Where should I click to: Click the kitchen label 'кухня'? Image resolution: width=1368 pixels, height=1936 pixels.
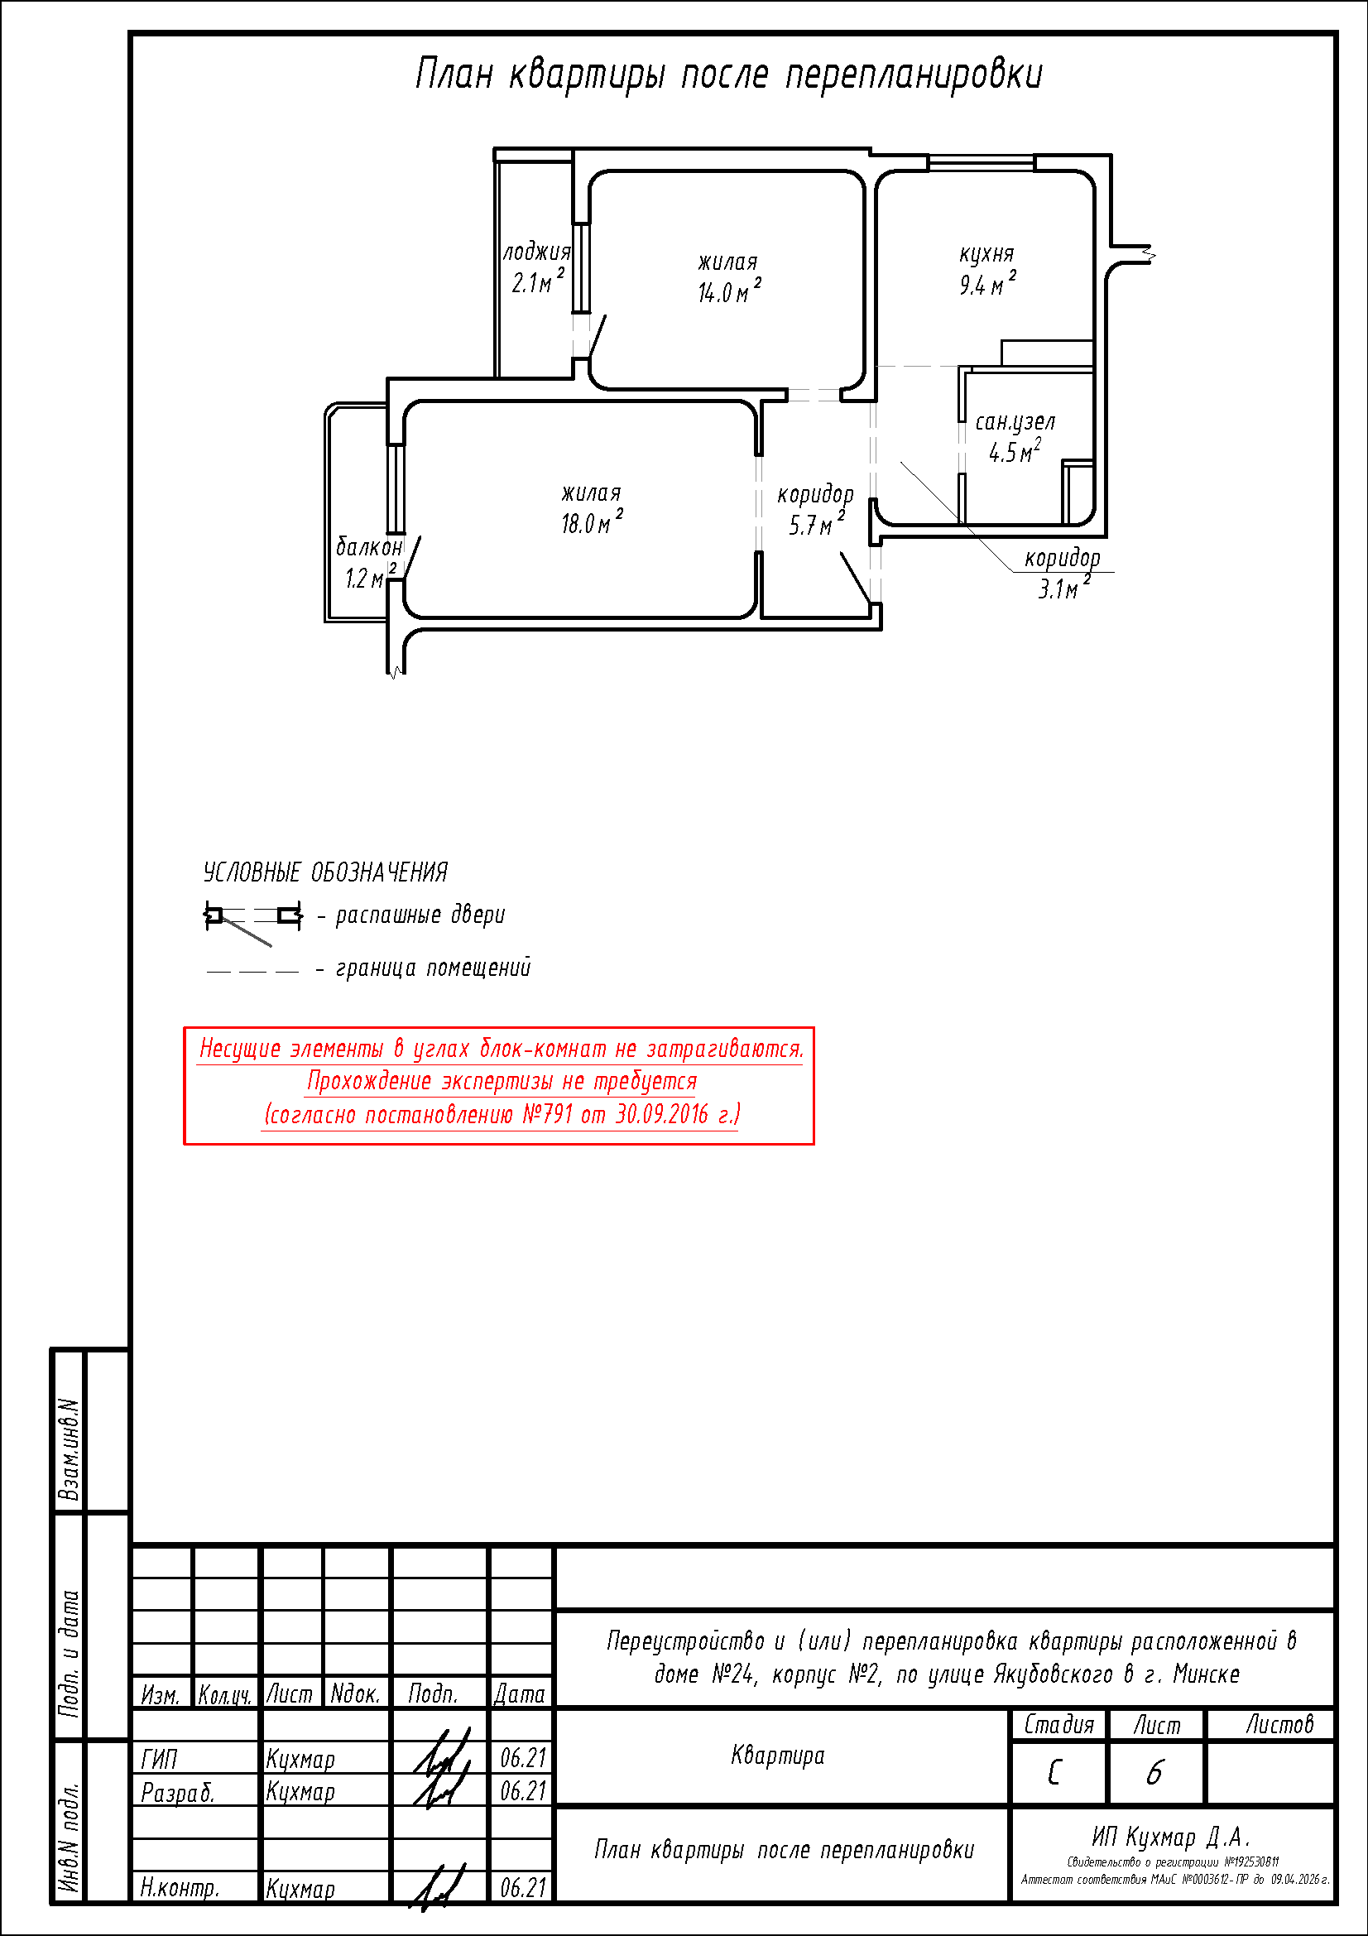pyautogui.click(x=986, y=255)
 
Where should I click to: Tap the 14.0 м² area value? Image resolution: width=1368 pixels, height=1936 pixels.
pyautogui.click(x=729, y=291)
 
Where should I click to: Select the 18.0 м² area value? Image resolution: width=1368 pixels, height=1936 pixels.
pyautogui.click(x=593, y=522)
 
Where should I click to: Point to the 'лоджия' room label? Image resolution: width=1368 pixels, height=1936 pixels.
pyautogui.click(x=537, y=252)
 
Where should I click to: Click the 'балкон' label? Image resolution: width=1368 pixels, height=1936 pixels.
pyautogui.click(x=369, y=547)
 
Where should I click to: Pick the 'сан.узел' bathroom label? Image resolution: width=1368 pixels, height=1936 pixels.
pyautogui.click(x=1015, y=422)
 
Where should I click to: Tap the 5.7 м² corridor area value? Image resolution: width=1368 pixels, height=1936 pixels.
pyautogui.click(x=816, y=525)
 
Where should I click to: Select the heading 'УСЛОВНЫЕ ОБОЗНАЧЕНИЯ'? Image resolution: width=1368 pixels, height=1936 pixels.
pyautogui.click(x=325, y=872)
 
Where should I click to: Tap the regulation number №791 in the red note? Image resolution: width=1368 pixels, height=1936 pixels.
pyautogui.click(x=548, y=1114)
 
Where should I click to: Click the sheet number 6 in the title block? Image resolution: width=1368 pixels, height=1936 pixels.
pyautogui.click(x=1154, y=1772)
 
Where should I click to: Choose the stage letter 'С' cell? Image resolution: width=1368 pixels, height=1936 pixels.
pyautogui.click(x=1054, y=1772)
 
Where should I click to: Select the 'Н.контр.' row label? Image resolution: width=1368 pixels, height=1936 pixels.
pyautogui.click(x=180, y=1888)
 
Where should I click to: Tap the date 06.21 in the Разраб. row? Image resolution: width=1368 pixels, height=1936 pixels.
pyautogui.click(x=523, y=1790)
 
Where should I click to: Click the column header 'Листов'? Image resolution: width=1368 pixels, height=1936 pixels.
pyautogui.click(x=1279, y=1724)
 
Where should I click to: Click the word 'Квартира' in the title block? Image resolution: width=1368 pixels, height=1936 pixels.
pyautogui.click(x=778, y=1756)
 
